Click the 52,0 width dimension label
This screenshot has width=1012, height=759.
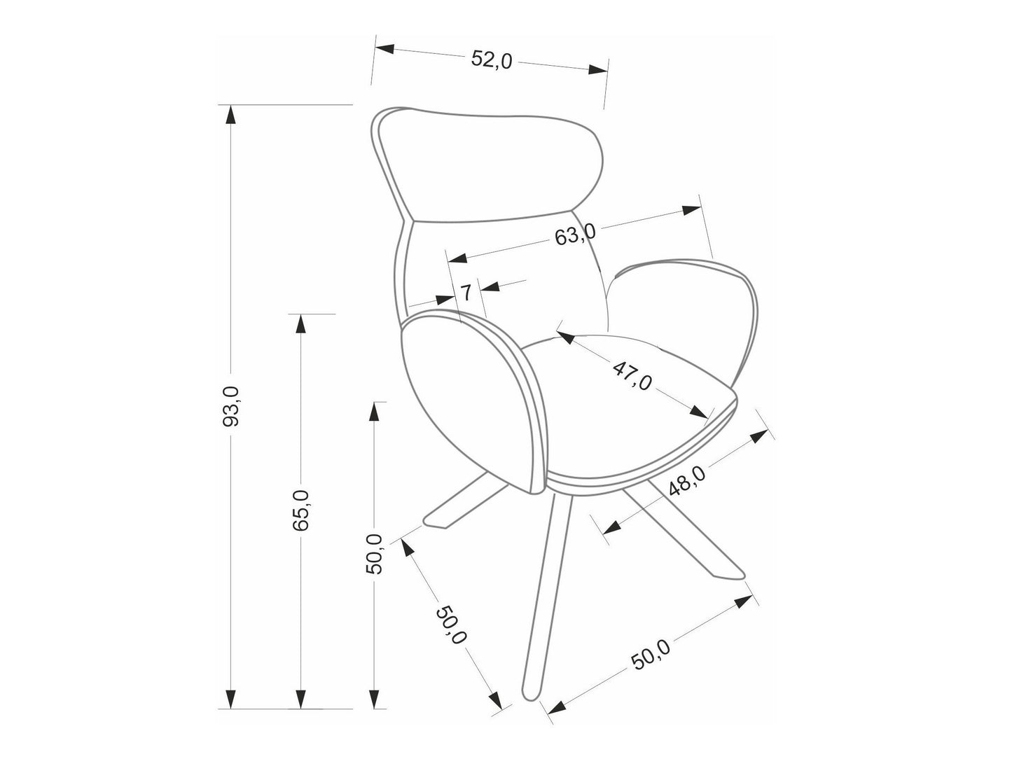492,60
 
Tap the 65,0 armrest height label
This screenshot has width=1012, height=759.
302,509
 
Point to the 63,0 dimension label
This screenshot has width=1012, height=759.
574,234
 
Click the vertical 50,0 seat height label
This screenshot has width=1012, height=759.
376,553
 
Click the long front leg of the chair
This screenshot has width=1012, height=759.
546,595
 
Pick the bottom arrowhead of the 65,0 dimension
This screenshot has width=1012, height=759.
300,700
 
